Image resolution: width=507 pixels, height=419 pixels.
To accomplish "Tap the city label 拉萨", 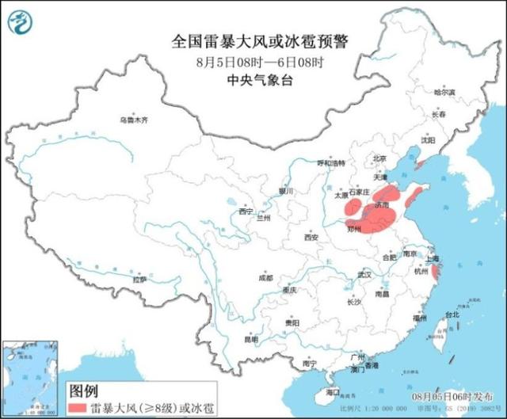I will [x=139, y=279].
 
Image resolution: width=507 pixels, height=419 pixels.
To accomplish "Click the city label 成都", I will [x=265, y=278].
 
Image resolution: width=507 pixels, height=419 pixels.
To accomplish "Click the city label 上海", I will [x=432, y=258].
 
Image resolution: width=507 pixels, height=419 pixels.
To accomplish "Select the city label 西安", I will [x=311, y=237].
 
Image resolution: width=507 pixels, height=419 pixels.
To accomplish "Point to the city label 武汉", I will [x=364, y=274].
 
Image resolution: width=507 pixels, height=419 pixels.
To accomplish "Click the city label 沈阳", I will [x=429, y=139].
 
